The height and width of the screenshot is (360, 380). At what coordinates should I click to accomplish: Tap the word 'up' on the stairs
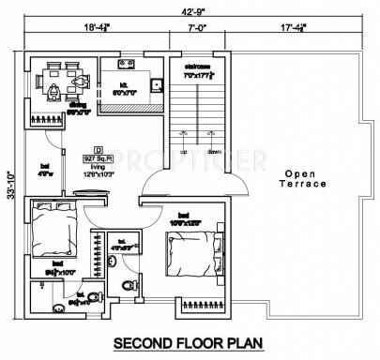pyautogui.click(x=184, y=151)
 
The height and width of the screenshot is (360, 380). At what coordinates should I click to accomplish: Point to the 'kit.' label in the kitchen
pyautogui.click(x=122, y=85)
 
